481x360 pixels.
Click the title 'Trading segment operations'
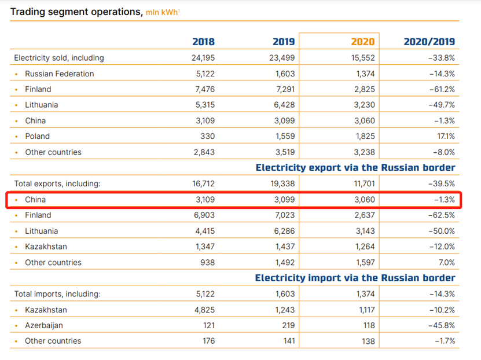pyautogui.click(x=76, y=11)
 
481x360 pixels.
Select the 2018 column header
pyautogui.click(x=203, y=42)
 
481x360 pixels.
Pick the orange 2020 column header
pyautogui.click(x=363, y=42)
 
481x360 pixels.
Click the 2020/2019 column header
pyautogui.click(x=429, y=42)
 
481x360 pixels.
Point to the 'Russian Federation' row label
pyautogui.click(x=59, y=74)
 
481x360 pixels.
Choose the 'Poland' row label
pyautogui.click(x=37, y=136)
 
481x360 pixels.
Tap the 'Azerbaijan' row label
pyautogui.click(x=44, y=325)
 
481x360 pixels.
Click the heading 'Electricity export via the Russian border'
pyautogui.click(x=355, y=168)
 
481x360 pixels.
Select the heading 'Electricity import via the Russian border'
pyautogui.click(x=355, y=278)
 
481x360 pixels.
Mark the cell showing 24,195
pyautogui.click(x=202, y=58)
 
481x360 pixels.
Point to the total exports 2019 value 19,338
pyautogui.click(x=282, y=183)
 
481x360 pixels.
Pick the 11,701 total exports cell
pyautogui.click(x=362, y=183)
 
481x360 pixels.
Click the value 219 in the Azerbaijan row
pyautogui.click(x=288, y=325)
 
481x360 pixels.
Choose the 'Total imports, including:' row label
pyautogui.click(x=57, y=294)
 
